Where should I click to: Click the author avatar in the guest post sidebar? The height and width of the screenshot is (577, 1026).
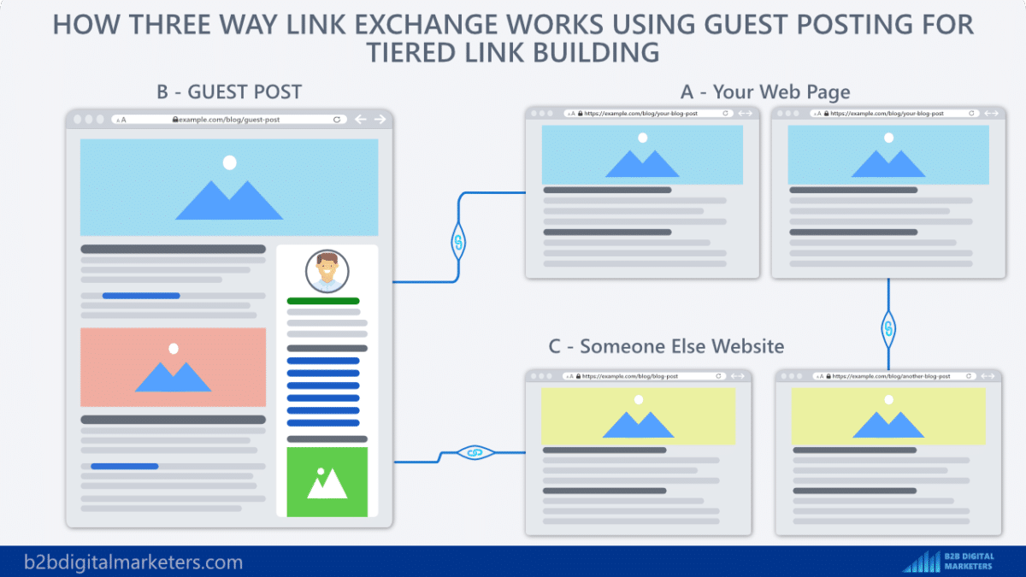pyautogui.click(x=327, y=272)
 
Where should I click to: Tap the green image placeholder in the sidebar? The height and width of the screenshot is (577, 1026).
pyautogui.click(x=327, y=482)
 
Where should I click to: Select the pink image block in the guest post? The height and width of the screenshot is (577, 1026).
pyautogui.click(x=173, y=367)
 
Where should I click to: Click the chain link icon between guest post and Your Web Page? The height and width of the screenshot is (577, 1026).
pyautogui.click(x=458, y=242)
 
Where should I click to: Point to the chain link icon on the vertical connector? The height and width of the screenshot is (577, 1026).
pyautogui.click(x=888, y=327)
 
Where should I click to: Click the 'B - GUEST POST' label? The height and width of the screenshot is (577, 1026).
pyautogui.click(x=229, y=91)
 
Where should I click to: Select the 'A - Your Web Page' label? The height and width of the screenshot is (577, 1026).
pyautogui.click(x=764, y=91)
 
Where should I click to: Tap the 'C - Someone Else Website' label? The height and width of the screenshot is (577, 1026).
pyautogui.click(x=666, y=346)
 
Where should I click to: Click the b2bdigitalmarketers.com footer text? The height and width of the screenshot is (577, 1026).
pyautogui.click(x=133, y=562)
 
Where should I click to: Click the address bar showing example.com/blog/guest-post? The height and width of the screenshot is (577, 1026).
pyautogui.click(x=227, y=120)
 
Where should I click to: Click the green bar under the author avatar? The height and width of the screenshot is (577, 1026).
pyautogui.click(x=323, y=301)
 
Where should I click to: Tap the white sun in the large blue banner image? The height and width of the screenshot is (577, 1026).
pyautogui.click(x=228, y=162)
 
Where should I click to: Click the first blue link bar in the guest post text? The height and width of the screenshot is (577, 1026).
pyautogui.click(x=141, y=296)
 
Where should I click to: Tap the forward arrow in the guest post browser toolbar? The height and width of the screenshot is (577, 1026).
pyautogui.click(x=379, y=120)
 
